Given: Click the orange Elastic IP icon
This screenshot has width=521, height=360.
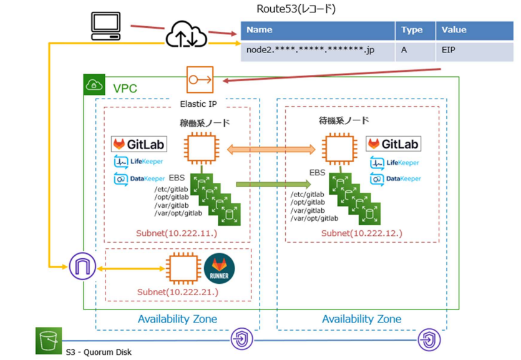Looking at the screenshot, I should pos(200,80).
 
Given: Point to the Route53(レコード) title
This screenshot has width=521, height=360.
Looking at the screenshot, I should pos(296,9).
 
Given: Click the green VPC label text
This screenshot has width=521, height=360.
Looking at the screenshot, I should pos(125,89).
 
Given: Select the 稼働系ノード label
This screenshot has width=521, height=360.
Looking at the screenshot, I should pos(205,123).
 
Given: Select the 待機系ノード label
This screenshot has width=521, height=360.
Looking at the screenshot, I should pos(343,120).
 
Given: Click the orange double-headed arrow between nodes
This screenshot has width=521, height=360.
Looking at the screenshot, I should pos(271,150).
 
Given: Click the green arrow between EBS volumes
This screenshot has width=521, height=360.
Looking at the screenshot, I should pos(273,183).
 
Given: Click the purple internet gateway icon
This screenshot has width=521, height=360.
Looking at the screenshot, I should pos(81,267).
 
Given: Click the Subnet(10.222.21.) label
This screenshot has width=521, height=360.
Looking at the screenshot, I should pos(177,292).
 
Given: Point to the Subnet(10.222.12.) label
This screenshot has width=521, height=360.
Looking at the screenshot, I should pos(362,233).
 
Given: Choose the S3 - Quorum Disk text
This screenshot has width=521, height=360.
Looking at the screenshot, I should pos(99,351).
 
